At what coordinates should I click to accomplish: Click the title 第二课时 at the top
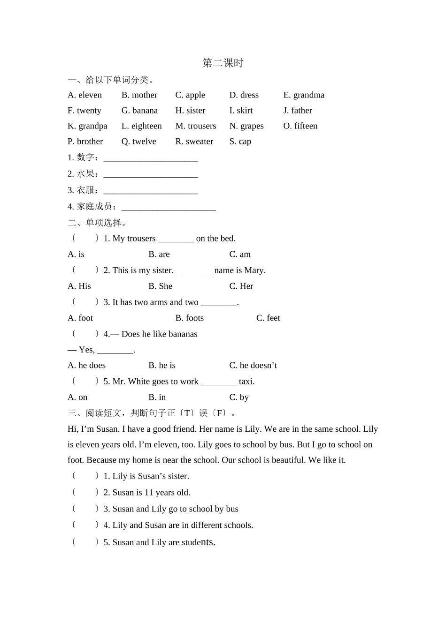223,63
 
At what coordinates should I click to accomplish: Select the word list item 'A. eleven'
85,95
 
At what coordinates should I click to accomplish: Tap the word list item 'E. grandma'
304,95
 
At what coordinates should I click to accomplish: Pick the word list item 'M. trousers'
196,126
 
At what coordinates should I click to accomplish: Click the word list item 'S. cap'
240,142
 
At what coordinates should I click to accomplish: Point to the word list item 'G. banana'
139,111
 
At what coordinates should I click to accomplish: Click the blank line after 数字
150,158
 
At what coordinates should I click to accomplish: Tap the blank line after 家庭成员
169,207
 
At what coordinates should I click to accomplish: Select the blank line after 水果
150,175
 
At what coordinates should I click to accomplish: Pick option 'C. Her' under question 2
241,286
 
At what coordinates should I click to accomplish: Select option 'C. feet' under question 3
268,318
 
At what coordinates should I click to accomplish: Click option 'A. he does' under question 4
86,366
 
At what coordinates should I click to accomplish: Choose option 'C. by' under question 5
238,397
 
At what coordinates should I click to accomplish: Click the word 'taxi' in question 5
246,382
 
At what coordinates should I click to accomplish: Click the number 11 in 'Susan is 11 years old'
149,493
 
